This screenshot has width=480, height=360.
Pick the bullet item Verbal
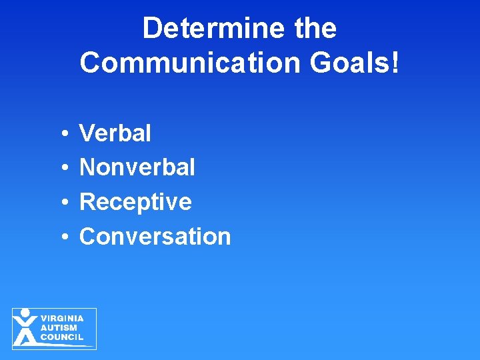(115, 133)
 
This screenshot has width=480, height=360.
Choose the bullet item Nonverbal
(137, 167)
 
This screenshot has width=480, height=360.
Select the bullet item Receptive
(135, 202)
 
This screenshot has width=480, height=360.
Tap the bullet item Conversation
(155, 236)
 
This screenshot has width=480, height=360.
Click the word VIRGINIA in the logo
(62, 319)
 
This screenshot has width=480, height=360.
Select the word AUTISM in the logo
(59, 328)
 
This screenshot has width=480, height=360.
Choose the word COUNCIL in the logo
(62, 337)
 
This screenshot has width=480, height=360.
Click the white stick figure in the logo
(25, 329)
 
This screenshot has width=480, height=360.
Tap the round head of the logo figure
(25, 313)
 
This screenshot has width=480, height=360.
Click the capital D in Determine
(153, 29)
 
